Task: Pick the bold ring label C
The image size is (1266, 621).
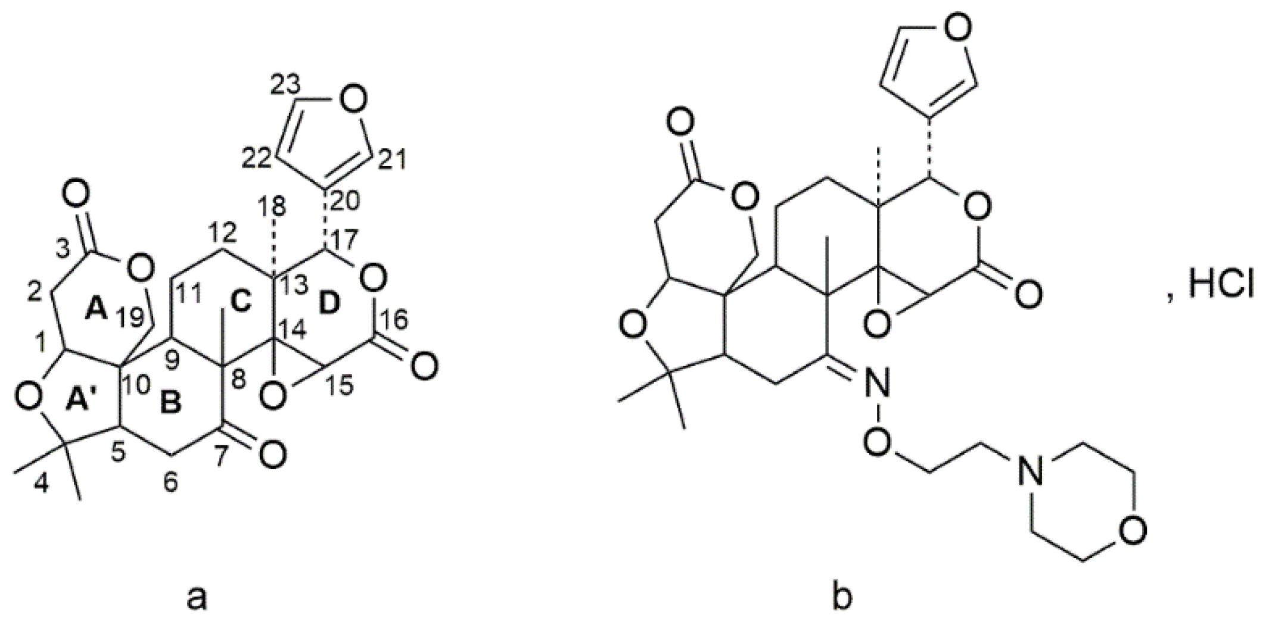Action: pos(241,304)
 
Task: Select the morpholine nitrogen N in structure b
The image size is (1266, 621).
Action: pos(1025,475)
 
